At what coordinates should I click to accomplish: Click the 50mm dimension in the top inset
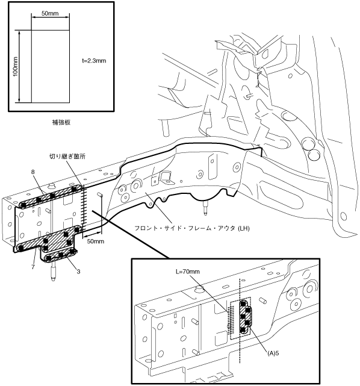coord(50,13)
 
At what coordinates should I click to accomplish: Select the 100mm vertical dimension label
coord(15,66)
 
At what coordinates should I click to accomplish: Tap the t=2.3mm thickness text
coord(95,61)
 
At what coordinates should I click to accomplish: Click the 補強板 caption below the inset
coord(61,122)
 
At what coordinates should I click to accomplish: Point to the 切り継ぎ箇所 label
coord(67,157)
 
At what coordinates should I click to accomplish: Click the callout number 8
coord(33,172)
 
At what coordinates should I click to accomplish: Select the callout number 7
coord(33,267)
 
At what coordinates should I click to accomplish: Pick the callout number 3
coord(78,271)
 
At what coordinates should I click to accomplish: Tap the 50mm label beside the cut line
coord(96,241)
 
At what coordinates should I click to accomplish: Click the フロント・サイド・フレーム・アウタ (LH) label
coord(192,228)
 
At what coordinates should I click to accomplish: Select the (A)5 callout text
coord(273,353)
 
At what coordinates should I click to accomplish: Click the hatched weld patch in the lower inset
coord(246,317)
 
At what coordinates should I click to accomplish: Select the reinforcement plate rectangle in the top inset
coord(51,66)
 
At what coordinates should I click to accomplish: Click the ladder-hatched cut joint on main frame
coord(84,211)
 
